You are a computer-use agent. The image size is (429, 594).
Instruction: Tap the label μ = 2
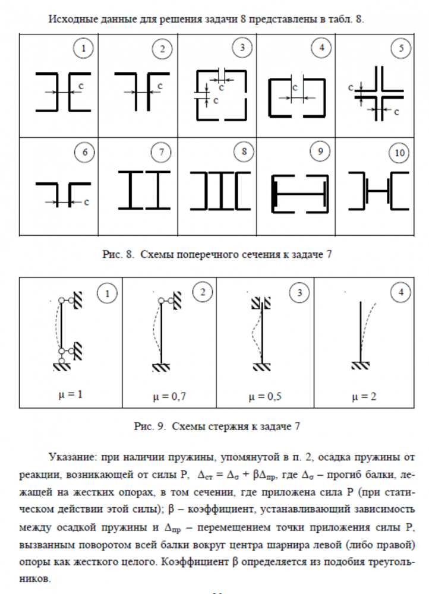pyautogui.click(x=363, y=396)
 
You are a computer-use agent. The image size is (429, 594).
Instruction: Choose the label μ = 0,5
pyautogui.click(x=265, y=396)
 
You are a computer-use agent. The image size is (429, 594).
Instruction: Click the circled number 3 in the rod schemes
pyautogui.click(x=299, y=293)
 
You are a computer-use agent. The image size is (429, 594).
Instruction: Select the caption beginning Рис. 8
pyautogui.click(x=214, y=255)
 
